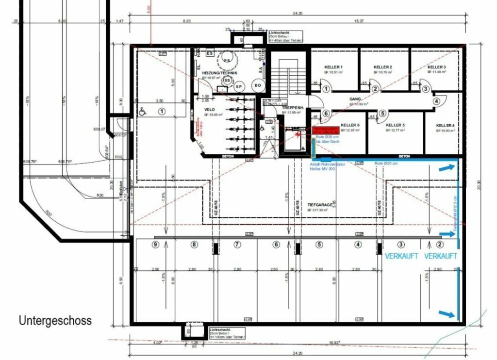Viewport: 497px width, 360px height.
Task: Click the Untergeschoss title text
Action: (x=55, y=321)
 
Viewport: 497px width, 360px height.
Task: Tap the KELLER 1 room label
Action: (x=334, y=67)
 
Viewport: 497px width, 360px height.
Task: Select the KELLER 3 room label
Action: (x=436, y=67)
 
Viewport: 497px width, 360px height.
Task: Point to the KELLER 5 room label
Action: (x=396, y=125)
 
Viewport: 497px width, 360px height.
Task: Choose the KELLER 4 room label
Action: (x=445, y=125)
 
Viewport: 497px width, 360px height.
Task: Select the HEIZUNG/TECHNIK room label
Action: (x=219, y=73)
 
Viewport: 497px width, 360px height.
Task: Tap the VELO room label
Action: (x=210, y=110)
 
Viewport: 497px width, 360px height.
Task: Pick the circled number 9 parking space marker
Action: (x=155, y=245)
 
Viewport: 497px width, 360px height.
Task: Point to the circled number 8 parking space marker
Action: (x=195, y=245)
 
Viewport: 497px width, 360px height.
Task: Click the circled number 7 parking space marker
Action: (x=237, y=245)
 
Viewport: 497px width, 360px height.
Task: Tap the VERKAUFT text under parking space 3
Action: (x=401, y=256)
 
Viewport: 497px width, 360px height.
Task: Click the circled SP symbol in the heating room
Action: (x=238, y=86)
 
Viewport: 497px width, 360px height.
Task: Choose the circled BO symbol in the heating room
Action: (x=257, y=86)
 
